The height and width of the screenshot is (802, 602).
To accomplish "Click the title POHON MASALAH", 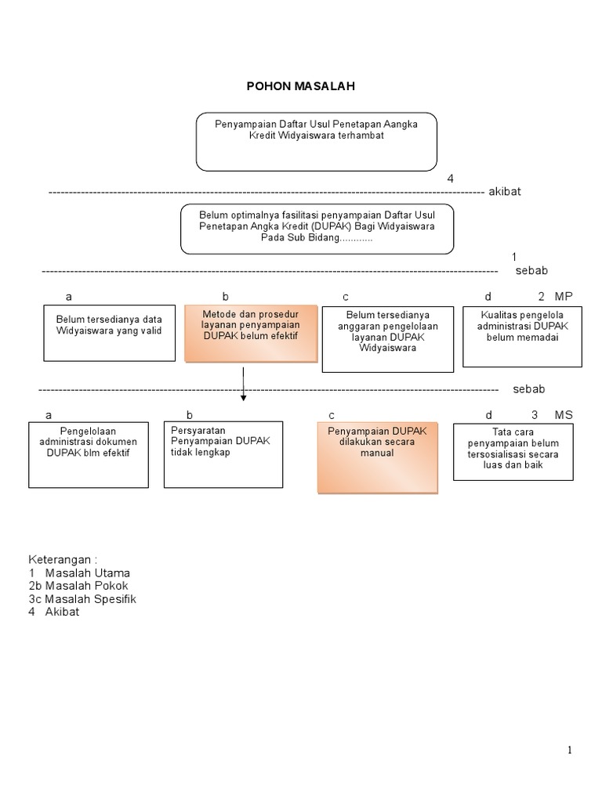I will pos(301,86).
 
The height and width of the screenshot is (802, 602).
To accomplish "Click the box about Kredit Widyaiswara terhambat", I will pos(316,141).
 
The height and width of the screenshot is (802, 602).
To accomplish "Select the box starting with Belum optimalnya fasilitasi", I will pos(317,229).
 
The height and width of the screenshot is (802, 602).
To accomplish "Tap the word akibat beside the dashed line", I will pos(504,192).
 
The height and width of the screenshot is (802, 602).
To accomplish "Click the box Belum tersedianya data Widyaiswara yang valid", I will pos(109,333).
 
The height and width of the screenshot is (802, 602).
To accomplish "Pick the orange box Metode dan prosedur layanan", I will pos(251,334).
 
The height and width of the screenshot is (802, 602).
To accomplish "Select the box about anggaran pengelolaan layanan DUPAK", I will pos(387,338).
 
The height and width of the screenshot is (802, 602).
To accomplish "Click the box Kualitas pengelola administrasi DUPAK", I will pos(522,336).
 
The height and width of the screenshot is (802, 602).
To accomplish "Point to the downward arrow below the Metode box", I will pos(244,385).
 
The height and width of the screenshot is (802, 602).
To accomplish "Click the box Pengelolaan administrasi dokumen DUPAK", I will pos(89,454).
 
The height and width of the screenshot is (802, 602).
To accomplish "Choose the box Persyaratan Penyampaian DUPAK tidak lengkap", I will pos(223,454).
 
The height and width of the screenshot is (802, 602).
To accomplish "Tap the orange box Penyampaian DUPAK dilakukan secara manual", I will pos(377,457).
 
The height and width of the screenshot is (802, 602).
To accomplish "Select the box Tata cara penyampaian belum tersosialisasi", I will pos(513,451).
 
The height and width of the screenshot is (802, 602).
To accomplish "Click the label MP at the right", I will pos(564,297).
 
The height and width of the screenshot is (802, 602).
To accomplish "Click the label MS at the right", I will pos(564,415).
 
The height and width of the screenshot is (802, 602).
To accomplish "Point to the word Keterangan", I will pos(63,560).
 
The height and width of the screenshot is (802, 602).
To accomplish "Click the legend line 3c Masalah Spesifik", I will pos(82,599).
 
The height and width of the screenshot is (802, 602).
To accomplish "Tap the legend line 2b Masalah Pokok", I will pos(78,586).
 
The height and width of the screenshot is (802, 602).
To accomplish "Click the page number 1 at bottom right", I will pos(570,750).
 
